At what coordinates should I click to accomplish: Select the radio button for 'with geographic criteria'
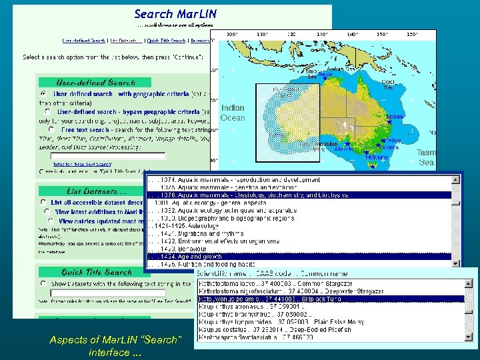[43, 94]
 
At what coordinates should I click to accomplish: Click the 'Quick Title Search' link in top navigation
[166, 41]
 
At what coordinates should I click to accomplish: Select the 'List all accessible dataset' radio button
[43, 202]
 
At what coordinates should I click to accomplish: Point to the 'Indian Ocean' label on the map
[233, 113]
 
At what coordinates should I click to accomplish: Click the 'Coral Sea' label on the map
[388, 84]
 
